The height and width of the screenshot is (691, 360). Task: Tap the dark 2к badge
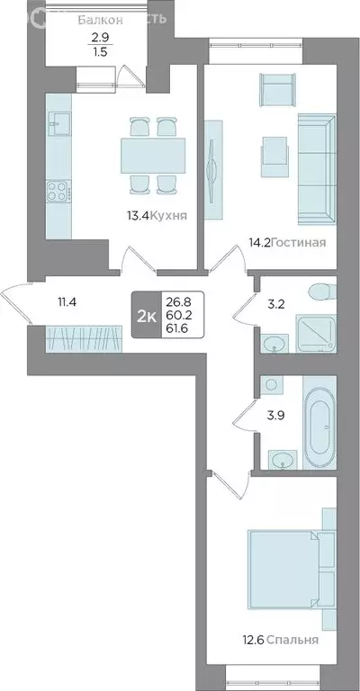[x=145, y=315]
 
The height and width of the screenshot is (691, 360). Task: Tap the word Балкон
[x=94, y=19]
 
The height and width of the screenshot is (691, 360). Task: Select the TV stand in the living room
[x=213, y=168]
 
